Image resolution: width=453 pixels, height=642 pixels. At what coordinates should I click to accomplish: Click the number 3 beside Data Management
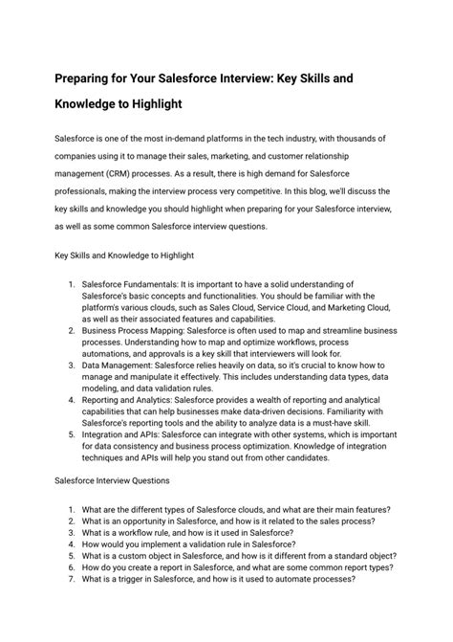click(x=72, y=364)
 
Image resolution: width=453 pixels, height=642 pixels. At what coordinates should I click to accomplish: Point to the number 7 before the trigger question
click(x=72, y=605)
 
